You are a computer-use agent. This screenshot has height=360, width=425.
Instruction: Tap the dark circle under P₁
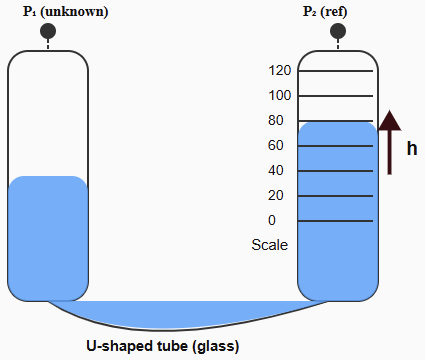point(47,32)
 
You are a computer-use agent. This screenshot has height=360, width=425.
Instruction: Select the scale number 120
point(281,71)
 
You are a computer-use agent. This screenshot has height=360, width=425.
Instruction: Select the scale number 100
point(281,96)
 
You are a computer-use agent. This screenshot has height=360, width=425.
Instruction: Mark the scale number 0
point(272,221)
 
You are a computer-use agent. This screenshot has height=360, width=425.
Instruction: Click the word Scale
point(269,245)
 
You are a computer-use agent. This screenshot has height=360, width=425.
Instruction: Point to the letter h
point(411,149)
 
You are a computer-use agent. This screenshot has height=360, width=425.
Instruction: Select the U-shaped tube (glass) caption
point(162,346)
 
